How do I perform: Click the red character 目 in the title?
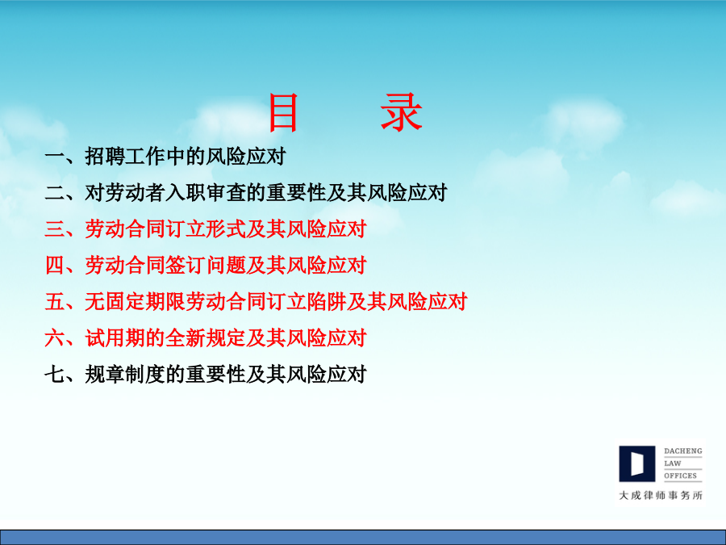[x=283, y=112]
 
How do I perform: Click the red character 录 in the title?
[x=402, y=112]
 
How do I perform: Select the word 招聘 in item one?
[x=105, y=157]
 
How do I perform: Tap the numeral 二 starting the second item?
[x=55, y=193]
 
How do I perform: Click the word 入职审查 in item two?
[x=205, y=193]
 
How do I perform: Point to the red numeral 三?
[x=55, y=229]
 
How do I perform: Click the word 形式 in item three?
[x=226, y=229]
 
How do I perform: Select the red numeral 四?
[x=55, y=265]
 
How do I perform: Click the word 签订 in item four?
[x=186, y=265]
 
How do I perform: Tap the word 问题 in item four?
[x=226, y=265]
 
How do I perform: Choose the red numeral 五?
[x=55, y=302]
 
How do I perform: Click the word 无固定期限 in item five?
[x=136, y=302]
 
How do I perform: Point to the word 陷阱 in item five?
[x=326, y=302]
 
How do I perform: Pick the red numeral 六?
[x=55, y=337]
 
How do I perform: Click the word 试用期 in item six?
[x=115, y=337]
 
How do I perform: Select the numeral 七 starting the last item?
[x=55, y=374]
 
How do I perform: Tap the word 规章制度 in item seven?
[x=125, y=374]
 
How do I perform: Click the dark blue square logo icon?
[x=637, y=463]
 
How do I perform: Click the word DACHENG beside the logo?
[x=683, y=451]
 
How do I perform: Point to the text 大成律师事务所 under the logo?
[x=661, y=496]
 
